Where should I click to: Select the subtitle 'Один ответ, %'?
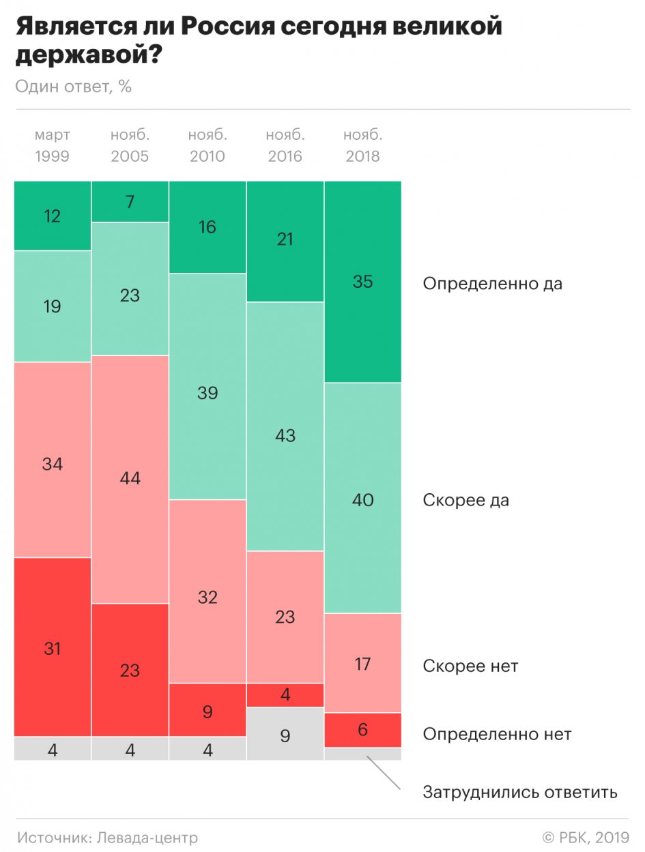point(74,87)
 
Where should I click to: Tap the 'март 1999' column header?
point(53,145)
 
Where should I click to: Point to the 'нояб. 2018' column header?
point(362,145)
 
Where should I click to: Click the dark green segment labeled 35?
point(362,282)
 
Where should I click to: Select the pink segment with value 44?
point(130,479)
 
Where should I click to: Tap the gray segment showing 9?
point(285,734)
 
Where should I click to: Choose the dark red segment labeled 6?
point(362,730)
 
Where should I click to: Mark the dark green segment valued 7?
point(130,202)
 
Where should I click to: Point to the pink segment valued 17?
point(362,663)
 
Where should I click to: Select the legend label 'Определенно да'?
point(492,283)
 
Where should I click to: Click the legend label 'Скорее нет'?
point(470,665)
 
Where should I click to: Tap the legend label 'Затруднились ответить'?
point(520,792)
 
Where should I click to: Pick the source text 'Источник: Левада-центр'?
point(108,837)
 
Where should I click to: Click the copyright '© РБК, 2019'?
point(585,837)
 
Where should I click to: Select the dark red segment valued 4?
point(285,695)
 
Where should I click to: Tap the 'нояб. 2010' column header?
point(207,145)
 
